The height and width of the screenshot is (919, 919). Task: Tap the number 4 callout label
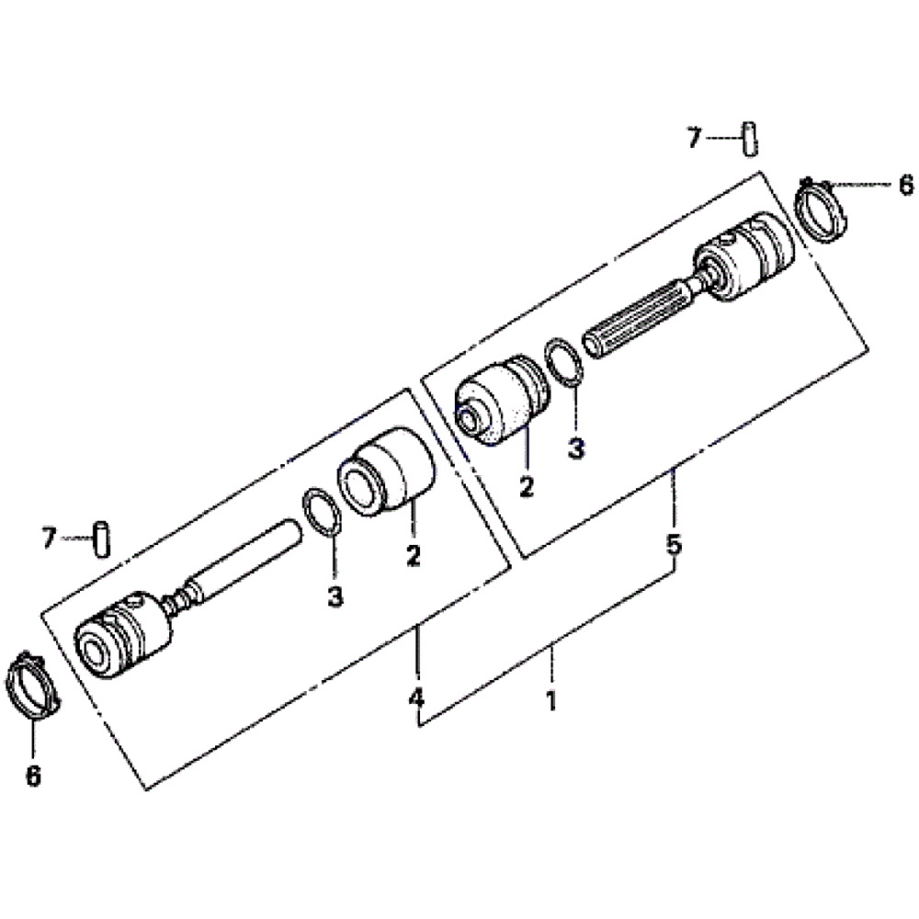pyautogui.click(x=416, y=698)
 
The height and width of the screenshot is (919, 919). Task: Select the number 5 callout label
pyautogui.click(x=675, y=544)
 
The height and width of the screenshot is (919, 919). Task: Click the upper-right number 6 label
pyautogui.click(x=906, y=185)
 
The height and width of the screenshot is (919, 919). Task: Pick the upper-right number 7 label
pyautogui.click(x=695, y=138)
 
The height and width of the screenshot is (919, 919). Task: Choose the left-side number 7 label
pyautogui.click(x=49, y=538)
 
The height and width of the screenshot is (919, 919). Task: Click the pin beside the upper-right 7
pyautogui.click(x=751, y=139)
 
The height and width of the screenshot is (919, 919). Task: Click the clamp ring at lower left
pyautogui.click(x=33, y=684)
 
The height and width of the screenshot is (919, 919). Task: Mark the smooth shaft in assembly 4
pyautogui.click(x=244, y=558)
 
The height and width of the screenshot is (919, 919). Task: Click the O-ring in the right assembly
pyautogui.click(x=564, y=361)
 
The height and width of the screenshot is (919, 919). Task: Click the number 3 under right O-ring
pyautogui.click(x=577, y=449)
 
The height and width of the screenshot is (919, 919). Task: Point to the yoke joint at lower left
pyautogui.click(x=124, y=635)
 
